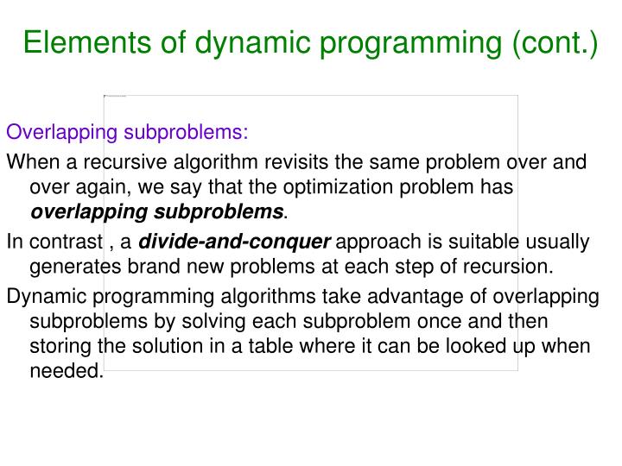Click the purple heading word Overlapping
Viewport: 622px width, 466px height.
coord(61,133)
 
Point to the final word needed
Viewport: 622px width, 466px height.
coord(66,372)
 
